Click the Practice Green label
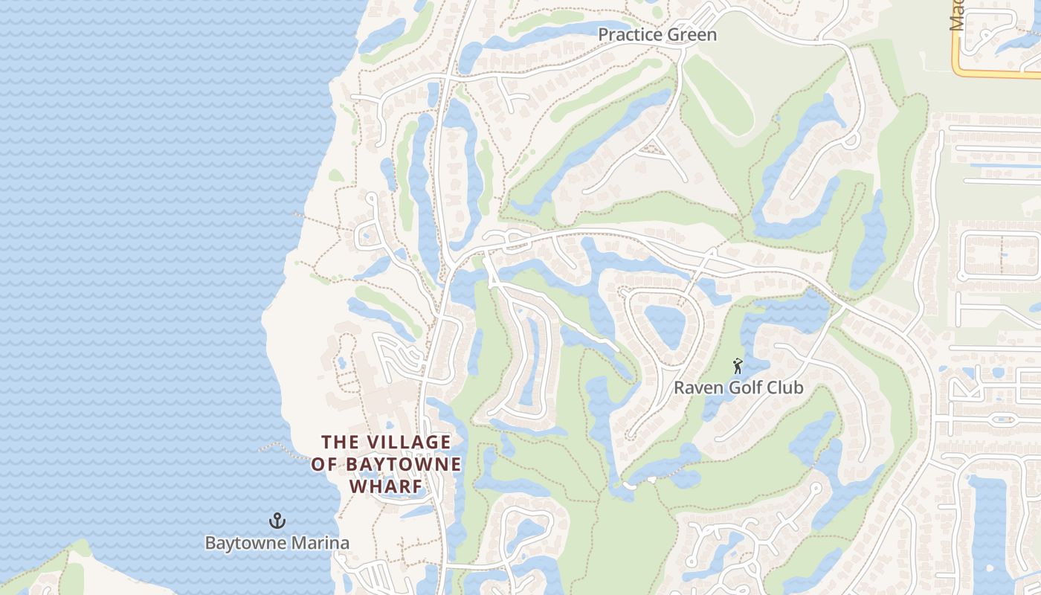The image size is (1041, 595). point(657,35)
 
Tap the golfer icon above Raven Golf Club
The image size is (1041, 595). point(738,366)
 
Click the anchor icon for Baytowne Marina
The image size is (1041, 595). point(277,521)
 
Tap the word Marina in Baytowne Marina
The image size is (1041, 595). point(321,543)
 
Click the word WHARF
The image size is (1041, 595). point(386,486)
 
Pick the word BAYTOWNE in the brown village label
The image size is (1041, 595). point(402,465)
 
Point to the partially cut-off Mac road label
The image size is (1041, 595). point(957,15)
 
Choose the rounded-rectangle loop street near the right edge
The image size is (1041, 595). point(1001,255)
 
